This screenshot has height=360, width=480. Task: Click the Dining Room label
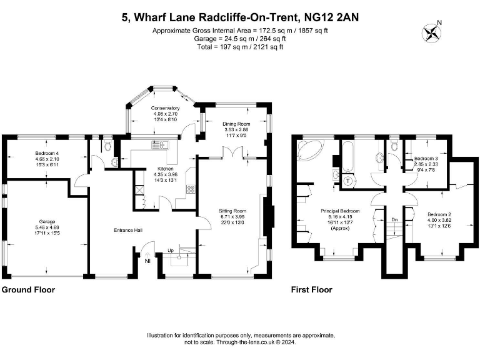pos(236,124)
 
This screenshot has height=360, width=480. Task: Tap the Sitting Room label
pos(232,211)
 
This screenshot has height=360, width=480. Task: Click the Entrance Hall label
pos(128,231)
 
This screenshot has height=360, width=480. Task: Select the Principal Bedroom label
pos(338,211)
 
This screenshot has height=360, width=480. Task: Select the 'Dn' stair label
pos(394,219)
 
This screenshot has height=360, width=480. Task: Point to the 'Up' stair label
pos(169,251)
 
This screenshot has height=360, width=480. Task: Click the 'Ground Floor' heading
pos(28,290)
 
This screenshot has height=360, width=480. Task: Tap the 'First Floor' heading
pos(312,290)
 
